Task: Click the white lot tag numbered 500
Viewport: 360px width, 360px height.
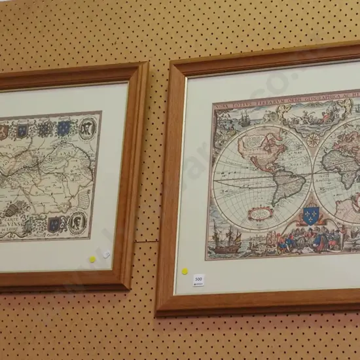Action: click(x=198, y=279)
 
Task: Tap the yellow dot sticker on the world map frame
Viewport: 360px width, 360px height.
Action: click(x=185, y=271)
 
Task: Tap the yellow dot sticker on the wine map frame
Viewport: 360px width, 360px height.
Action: click(x=92, y=259)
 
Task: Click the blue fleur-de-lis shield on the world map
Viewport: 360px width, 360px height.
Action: click(x=311, y=215)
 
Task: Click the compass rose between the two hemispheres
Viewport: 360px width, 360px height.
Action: click(x=313, y=139)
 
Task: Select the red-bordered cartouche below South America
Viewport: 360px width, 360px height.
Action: click(x=261, y=213)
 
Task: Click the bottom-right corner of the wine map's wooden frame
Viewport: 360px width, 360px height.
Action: click(x=124, y=286)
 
